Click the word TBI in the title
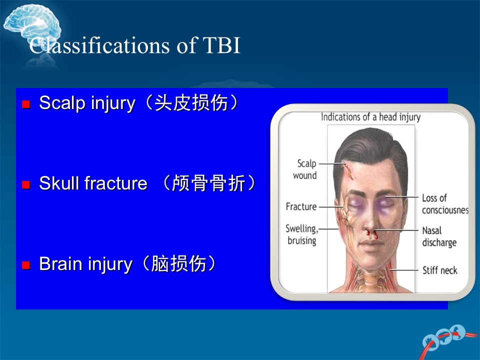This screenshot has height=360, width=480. click(x=221, y=45)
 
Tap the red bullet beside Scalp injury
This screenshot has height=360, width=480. click(x=26, y=104)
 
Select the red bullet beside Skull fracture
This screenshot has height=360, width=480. click(x=26, y=184)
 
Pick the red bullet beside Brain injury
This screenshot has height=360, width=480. click(x=26, y=265)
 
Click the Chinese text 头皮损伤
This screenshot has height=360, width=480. click(x=191, y=103)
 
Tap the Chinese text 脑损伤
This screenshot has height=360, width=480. click(x=179, y=263)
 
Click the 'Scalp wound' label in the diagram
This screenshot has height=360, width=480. click(x=305, y=169)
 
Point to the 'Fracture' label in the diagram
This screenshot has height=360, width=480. click(x=301, y=206)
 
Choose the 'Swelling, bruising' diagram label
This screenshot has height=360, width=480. click(x=302, y=234)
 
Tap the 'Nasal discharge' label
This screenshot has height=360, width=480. click(x=439, y=236)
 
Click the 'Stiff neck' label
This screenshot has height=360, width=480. click(x=440, y=270)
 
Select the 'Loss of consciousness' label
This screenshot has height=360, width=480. click(x=445, y=204)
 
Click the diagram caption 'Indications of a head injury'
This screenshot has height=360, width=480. click(x=370, y=117)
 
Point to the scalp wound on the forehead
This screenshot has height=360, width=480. click(x=349, y=171)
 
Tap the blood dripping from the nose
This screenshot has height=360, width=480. click(x=372, y=234)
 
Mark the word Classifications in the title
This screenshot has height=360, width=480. click(x=99, y=46)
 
